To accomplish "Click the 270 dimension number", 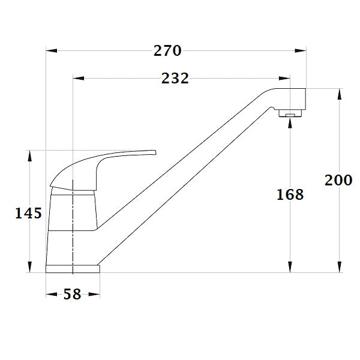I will point(167,51).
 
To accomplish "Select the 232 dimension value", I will point(175,79).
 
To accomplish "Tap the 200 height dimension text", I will point(338,180).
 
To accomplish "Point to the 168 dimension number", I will point(290,194).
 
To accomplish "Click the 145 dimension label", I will point(28,213).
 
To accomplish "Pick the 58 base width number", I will point(73,295).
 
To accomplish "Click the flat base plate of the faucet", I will point(73,268).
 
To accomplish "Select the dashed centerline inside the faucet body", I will point(72,222).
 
